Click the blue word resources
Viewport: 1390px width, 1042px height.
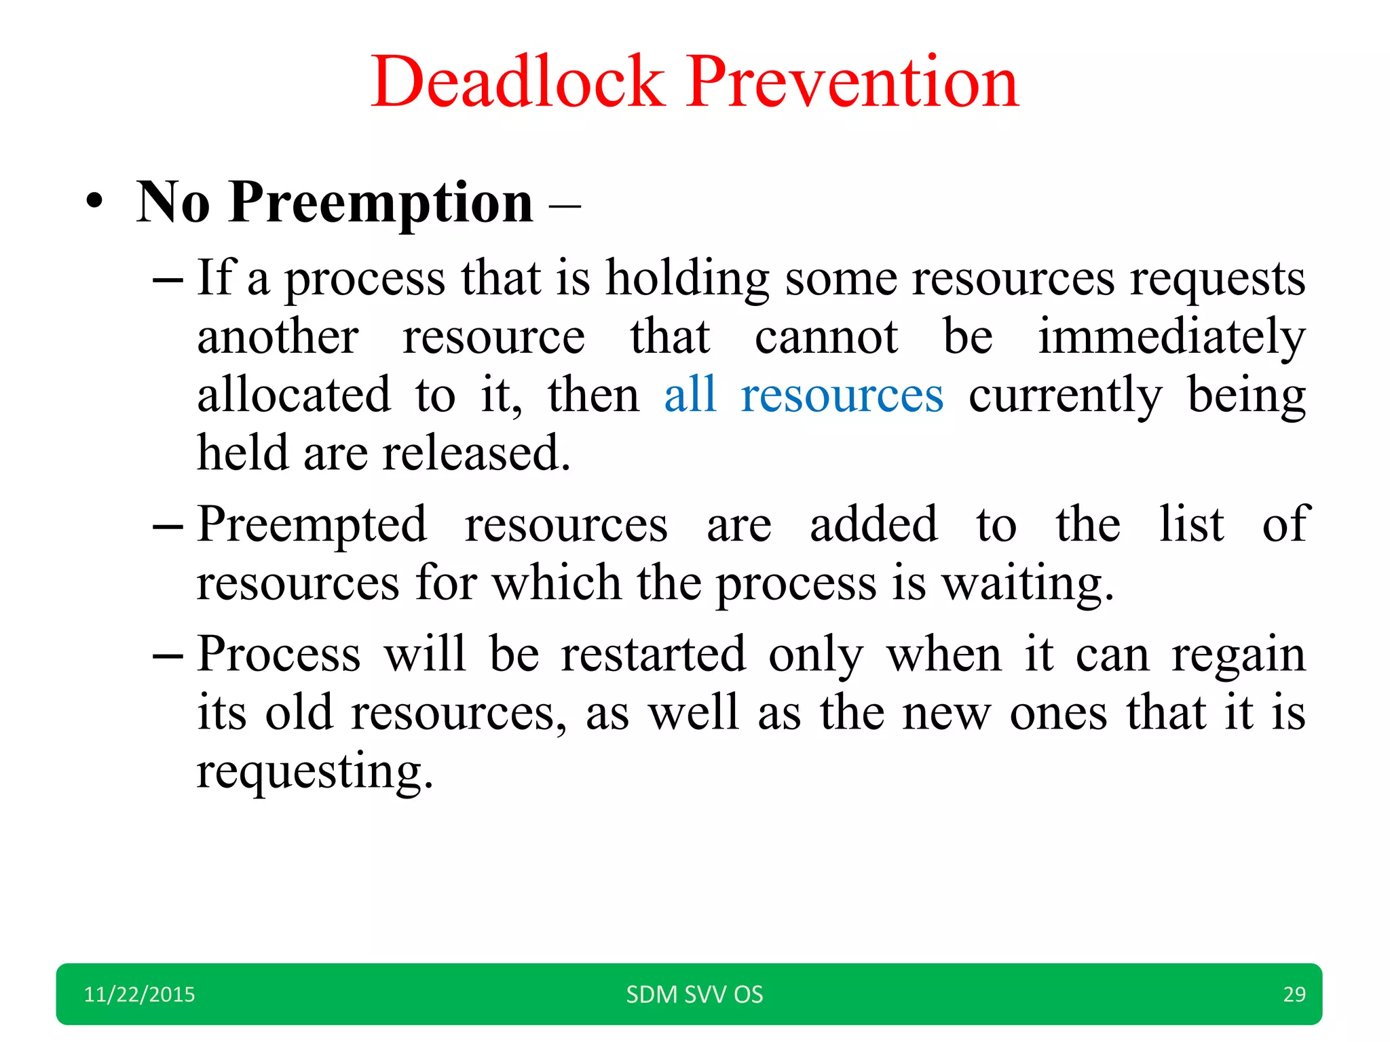tap(842, 395)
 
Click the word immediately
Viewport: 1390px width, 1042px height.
tap(1171, 337)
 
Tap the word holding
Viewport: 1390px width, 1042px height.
tap(687, 279)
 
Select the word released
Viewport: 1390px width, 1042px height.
tap(476, 453)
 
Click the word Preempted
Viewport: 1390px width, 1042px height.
tap(312, 526)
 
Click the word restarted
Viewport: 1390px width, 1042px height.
tap(653, 654)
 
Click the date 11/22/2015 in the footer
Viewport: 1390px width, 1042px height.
tap(139, 995)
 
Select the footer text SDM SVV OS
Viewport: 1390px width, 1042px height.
tap(694, 995)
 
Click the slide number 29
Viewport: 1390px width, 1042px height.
tap(1294, 995)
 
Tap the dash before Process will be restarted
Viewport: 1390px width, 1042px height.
tap(168, 656)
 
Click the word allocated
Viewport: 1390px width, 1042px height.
tap(294, 395)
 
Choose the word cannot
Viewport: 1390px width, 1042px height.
tap(826, 337)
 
